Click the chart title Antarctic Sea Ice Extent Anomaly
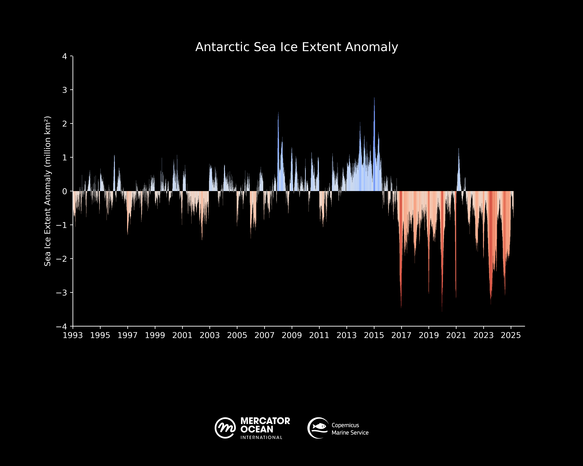297,47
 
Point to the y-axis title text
48,191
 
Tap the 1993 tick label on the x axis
73,335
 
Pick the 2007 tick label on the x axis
264,335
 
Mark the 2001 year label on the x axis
182,335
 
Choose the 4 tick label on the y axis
65,57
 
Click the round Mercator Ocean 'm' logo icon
225,428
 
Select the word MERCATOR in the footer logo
265,421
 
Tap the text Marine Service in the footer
350,433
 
